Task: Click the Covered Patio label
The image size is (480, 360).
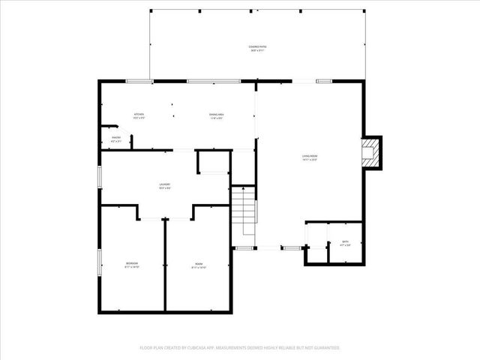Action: coord(258,48)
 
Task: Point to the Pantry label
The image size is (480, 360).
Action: coord(116,139)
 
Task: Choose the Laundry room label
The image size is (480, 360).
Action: coord(164,186)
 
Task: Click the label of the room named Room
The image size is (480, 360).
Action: coord(199,265)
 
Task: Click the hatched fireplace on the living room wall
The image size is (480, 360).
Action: coord(370,153)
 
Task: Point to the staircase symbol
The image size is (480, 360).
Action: coord(243,213)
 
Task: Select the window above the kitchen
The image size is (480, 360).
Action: coord(138,81)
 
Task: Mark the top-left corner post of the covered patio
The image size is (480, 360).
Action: coord(151,10)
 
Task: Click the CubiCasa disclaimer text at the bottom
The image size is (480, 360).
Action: coord(240,348)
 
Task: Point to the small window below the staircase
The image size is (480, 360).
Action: coord(244,247)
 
